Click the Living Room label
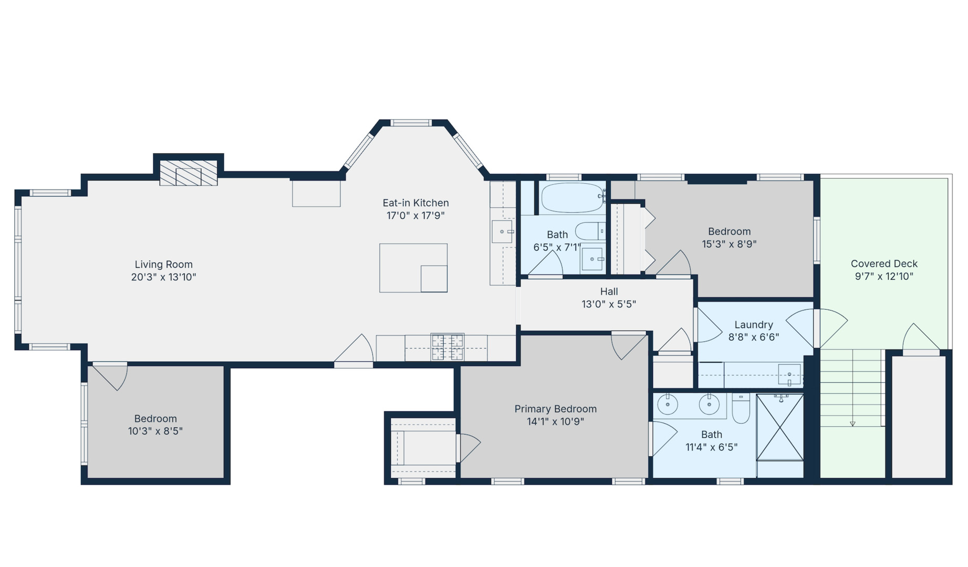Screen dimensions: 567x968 pos(163,265)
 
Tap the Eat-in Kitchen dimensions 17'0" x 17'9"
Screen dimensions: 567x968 pos(415,215)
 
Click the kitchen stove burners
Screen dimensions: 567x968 pos(447,347)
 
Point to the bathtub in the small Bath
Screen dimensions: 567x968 pos(572,197)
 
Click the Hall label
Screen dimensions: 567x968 pos(609,291)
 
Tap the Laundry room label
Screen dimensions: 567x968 pos(753,324)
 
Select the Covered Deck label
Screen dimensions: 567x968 pos(884,264)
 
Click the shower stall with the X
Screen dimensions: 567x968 pos(779,427)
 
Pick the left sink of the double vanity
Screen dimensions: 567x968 pos(668,405)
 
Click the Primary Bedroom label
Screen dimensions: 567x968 pos(555,408)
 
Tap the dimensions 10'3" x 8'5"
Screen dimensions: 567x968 pos(155,431)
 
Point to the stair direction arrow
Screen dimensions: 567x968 pos(852,423)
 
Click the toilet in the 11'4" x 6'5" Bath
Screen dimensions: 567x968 pos(741,409)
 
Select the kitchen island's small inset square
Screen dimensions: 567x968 pos(434,279)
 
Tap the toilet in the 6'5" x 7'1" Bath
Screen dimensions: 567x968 pos(590,231)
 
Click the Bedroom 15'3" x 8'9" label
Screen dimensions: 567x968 pos(729,232)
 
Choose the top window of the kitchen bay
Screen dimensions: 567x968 pos(411,123)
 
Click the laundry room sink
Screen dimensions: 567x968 pos(789,374)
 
